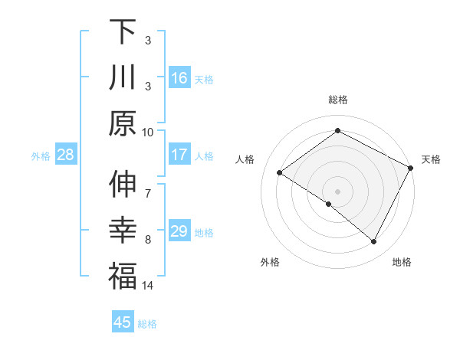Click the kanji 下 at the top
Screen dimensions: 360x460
pos(123,32)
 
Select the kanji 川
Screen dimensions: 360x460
pos(123,77)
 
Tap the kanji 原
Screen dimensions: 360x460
pos(123,122)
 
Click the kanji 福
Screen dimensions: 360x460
pos(123,276)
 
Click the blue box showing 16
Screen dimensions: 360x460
pos(179,77)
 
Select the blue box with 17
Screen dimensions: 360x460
pos(179,155)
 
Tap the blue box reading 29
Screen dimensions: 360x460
pos(179,231)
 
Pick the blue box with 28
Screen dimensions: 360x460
pos(65,155)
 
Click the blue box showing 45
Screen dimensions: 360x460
pos(123,322)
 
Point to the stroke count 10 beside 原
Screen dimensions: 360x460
pos(148,132)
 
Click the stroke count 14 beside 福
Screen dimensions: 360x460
pos(148,286)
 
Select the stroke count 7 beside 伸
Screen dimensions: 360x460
pos(148,185)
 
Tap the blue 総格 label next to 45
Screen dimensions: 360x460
pos(147,324)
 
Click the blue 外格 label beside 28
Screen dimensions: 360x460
pos(41,156)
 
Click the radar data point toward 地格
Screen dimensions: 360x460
pos(374,242)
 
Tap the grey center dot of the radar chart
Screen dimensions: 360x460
pos(337,191)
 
